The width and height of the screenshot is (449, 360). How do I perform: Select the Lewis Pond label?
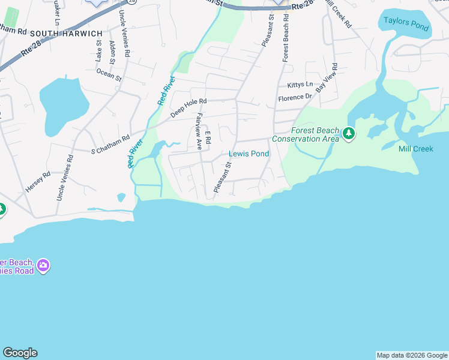249,154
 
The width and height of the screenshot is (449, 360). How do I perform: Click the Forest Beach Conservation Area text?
306,134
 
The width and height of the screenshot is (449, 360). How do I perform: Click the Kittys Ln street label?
300,85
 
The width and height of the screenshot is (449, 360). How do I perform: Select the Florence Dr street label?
295,97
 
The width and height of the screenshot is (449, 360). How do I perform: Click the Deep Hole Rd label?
188,108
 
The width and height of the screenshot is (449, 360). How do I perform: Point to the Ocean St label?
109,74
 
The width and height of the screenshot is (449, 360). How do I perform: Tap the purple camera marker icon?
43,265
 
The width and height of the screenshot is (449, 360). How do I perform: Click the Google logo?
20,353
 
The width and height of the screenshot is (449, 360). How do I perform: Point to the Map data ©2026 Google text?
412,355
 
